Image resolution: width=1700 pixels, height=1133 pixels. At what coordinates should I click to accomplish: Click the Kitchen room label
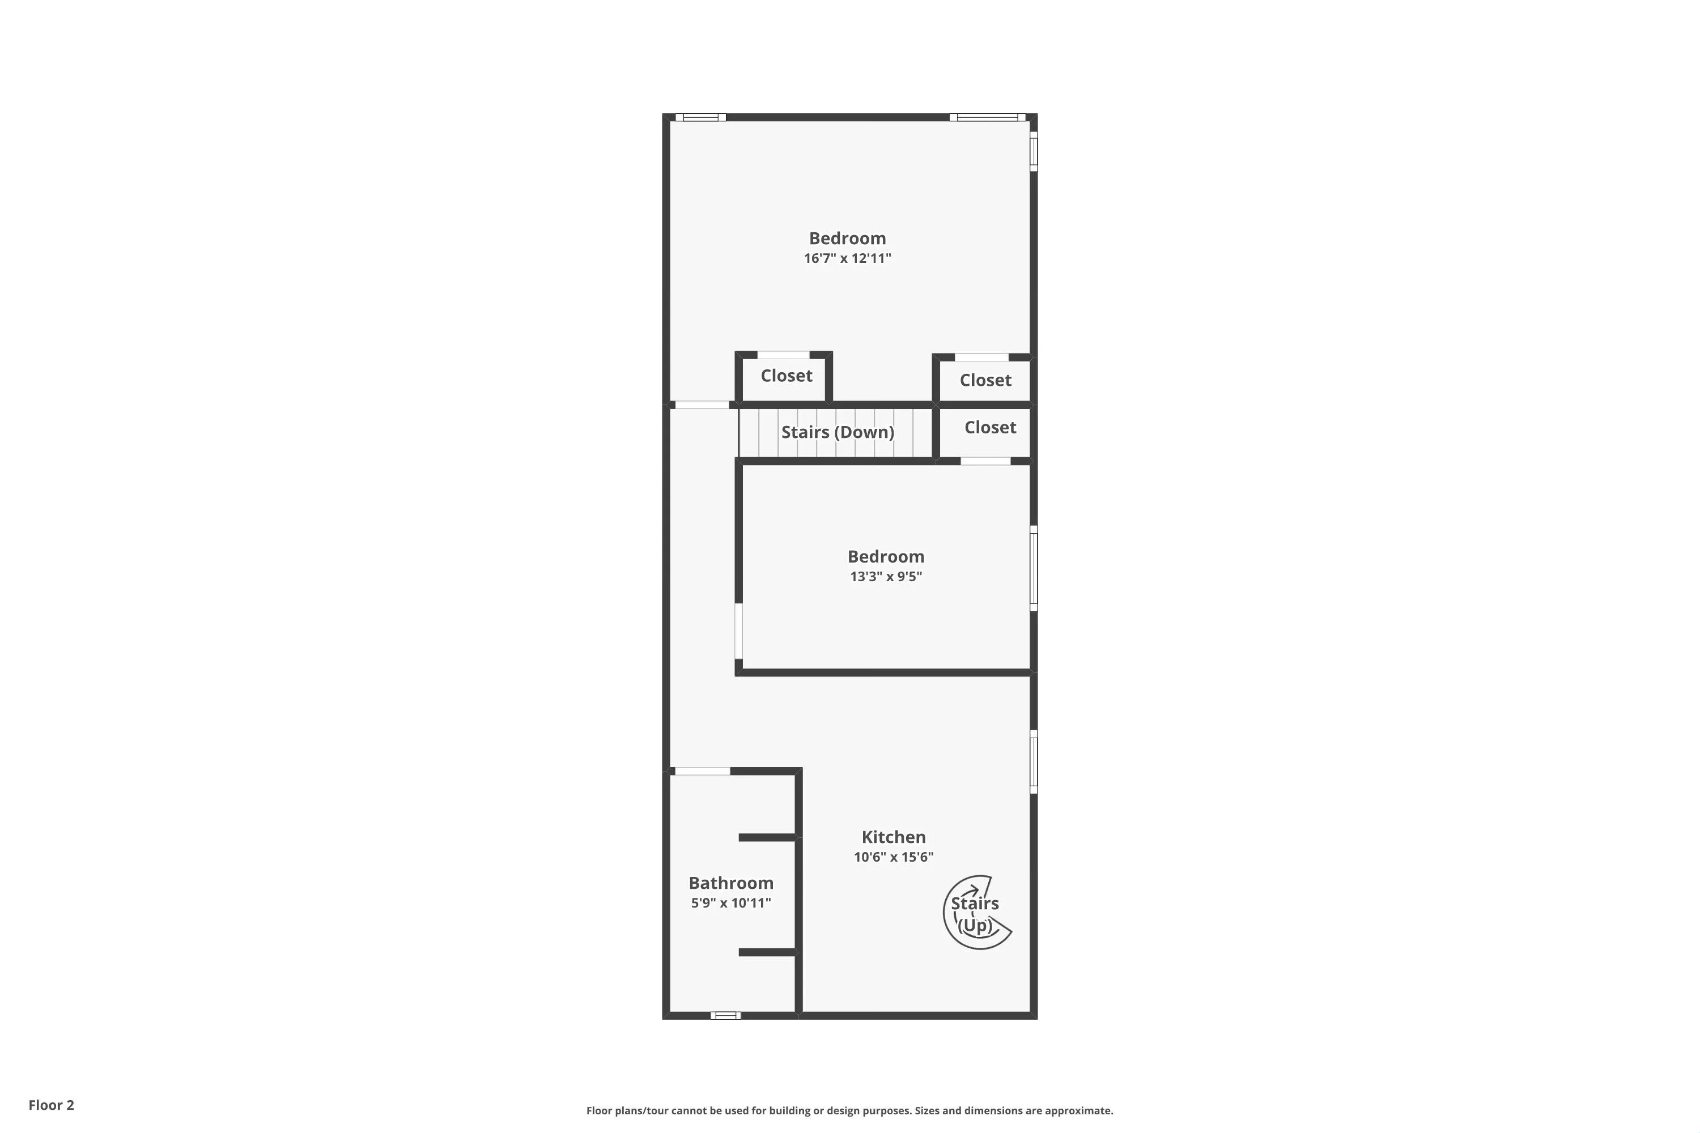[x=894, y=837]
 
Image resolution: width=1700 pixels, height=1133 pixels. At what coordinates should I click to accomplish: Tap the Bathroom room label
[x=731, y=883]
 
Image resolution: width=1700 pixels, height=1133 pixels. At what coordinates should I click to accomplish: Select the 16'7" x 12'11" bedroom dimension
[x=847, y=258]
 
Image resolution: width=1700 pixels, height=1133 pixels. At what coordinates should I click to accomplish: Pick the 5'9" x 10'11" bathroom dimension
[x=731, y=902]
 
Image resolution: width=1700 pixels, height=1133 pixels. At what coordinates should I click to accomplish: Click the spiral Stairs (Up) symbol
[x=977, y=913]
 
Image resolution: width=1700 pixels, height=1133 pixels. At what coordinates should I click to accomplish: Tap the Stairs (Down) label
[x=838, y=432]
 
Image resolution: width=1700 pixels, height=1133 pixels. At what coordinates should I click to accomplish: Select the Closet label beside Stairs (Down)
[x=990, y=427]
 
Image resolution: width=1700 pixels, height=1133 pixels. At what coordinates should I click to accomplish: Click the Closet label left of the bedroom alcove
[x=787, y=376]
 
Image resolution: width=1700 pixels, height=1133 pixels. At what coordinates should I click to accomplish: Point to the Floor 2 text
[x=52, y=1105]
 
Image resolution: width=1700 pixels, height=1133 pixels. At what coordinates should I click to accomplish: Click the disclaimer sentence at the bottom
[x=849, y=1110]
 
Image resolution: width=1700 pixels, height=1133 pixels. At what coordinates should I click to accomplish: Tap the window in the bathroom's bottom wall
[x=726, y=1015]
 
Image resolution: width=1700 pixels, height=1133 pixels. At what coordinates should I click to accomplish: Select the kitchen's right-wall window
[x=1034, y=761]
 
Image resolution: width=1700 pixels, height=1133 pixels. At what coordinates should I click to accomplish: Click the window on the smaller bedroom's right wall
[x=1034, y=569]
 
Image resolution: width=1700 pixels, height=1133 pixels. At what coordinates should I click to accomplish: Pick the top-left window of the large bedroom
[x=700, y=117]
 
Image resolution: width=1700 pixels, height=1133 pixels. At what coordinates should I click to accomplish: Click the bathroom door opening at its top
[x=702, y=771]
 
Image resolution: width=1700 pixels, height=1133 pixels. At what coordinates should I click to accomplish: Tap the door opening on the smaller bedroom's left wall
[x=739, y=632]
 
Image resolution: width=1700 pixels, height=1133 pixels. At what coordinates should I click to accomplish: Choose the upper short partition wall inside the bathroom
[x=768, y=837]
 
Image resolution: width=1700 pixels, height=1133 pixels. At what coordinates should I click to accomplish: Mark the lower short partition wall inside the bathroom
[x=768, y=952]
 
